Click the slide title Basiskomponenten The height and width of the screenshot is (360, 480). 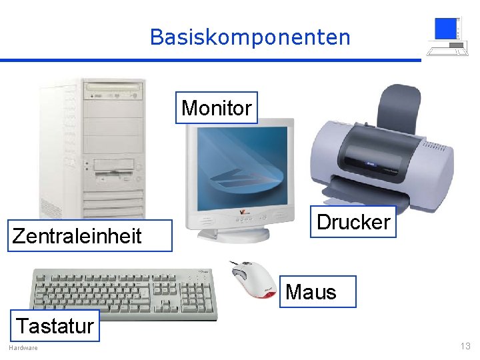(x=250, y=37)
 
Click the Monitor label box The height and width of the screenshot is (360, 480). (x=217, y=108)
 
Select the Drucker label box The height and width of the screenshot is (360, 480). (x=353, y=222)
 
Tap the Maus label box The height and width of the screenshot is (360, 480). (x=311, y=291)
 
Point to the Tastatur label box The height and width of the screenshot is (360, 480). (x=55, y=326)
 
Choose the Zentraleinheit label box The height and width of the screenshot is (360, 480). (x=77, y=235)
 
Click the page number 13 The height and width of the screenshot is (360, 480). (x=465, y=346)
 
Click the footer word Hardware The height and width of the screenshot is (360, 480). (x=23, y=348)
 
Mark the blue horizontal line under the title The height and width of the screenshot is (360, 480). (x=210, y=60)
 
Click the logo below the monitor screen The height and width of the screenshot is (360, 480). (x=241, y=213)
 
